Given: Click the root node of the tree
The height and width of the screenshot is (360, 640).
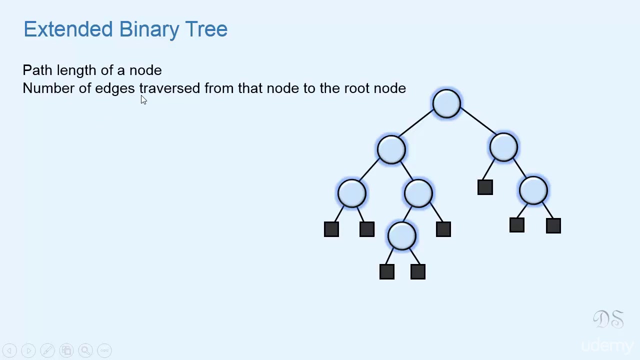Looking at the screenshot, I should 446,103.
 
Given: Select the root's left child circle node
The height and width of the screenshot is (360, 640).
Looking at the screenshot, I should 391,149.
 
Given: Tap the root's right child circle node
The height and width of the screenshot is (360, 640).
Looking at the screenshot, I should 503,147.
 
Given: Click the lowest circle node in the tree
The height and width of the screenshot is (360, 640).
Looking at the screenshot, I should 402,236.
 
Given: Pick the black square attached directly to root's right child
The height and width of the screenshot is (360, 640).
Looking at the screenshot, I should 485,187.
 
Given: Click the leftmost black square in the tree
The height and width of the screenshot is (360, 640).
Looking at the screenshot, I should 331,229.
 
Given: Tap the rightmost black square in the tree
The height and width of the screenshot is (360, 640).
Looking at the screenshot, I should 553,225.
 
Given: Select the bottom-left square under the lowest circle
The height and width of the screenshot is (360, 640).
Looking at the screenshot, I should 386,271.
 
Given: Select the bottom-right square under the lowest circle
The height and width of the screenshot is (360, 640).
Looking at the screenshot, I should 418,271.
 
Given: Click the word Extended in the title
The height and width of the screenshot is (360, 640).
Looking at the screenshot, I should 68,29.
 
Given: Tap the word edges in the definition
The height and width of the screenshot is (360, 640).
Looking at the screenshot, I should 114,88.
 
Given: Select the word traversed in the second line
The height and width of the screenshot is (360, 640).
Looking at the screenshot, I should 169,88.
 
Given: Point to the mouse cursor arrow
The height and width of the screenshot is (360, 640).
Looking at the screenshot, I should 143,99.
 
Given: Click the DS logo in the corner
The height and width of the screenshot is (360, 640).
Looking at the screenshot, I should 608,319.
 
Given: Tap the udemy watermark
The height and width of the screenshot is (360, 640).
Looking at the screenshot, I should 607,345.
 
